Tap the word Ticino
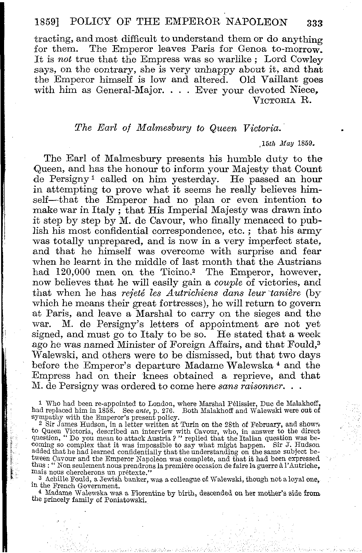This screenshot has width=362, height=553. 182,272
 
